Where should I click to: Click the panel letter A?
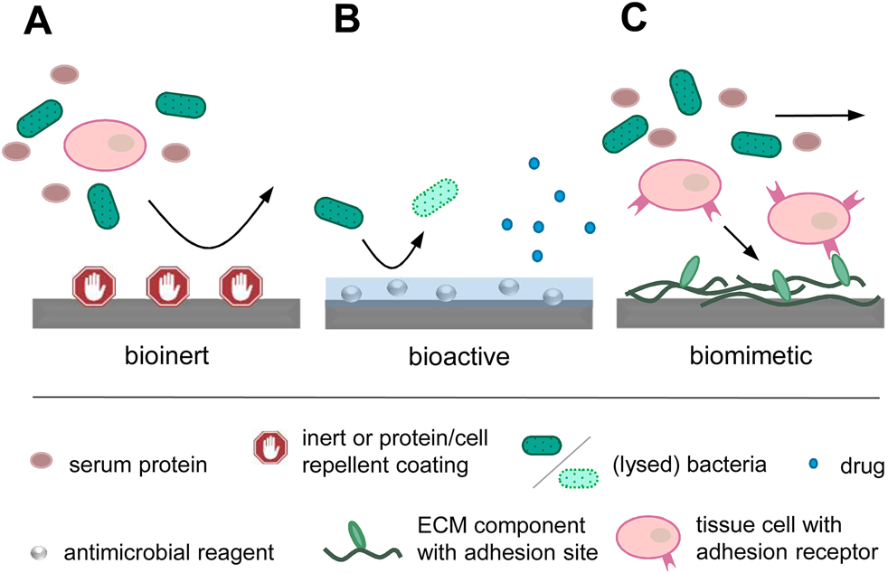[x=38, y=22]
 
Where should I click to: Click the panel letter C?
[x=640, y=22]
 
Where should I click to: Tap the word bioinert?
[x=168, y=353]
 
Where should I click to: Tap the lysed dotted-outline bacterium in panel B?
[x=435, y=196]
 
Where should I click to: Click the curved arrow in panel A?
[x=210, y=221]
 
